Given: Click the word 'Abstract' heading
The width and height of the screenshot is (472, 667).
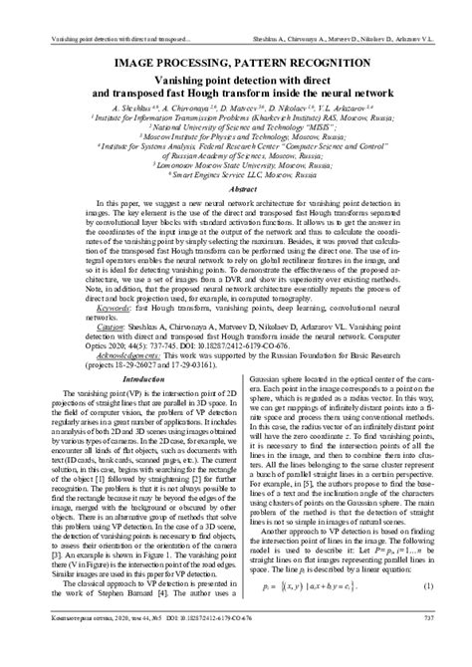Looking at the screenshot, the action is click(x=236, y=187).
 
